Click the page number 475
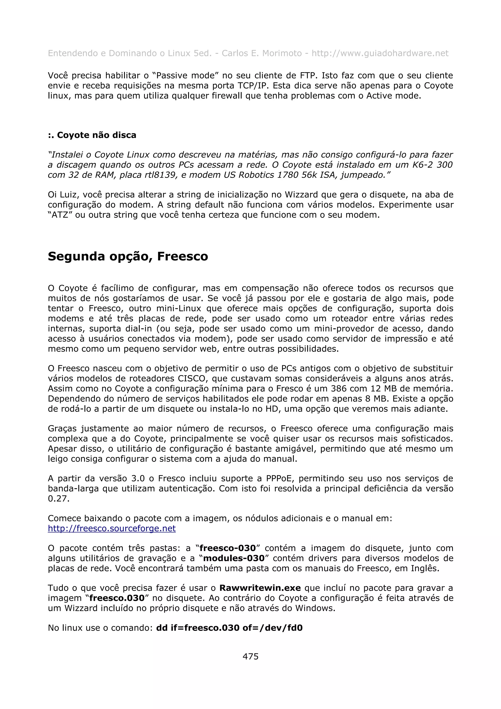click(250, 656)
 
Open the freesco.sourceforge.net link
click(112, 528)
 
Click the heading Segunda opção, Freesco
click(128, 256)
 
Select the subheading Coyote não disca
click(92, 135)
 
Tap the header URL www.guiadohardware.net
click(380, 53)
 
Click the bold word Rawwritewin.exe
click(260, 588)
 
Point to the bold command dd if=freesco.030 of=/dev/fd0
click(229, 628)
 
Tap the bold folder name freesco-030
click(228, 548)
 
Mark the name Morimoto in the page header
click(282, 53)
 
